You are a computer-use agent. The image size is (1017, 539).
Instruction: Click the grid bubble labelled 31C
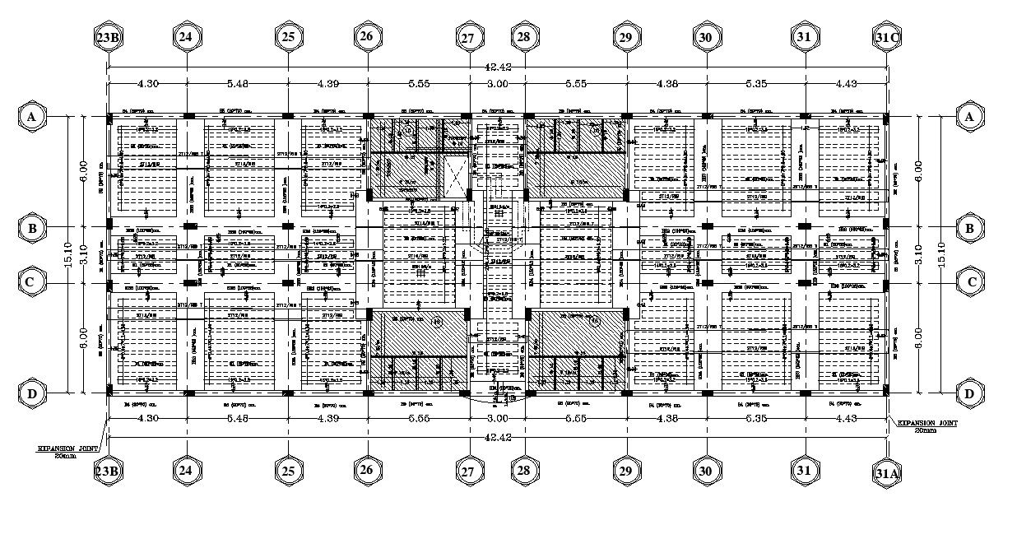pyautogui.click(x=887, y=38)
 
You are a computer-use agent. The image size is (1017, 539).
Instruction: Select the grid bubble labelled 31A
pyautogui.click(x=887, y=472)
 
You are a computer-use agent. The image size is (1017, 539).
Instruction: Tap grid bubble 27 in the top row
pyautogui.click(x=467, y=38)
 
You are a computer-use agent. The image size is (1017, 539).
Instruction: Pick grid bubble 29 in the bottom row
pyautogui.click(x=625, y=471)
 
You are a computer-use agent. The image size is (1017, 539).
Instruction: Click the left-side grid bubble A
pyautogui.click(x=31, y=117)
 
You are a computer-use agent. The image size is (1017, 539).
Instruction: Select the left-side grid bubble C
pyautogui.click(x=31, y=282)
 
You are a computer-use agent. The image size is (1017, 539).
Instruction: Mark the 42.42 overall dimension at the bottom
pyautogui.click(x=497, y=437)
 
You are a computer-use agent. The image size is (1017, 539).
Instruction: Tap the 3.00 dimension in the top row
pyautogui.click(x=497, y=83)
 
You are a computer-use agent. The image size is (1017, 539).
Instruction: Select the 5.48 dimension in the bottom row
pyautogui.click(x=237, y=419)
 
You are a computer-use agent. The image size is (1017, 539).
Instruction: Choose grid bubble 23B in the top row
pyautogui.click(x=109, y=38)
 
